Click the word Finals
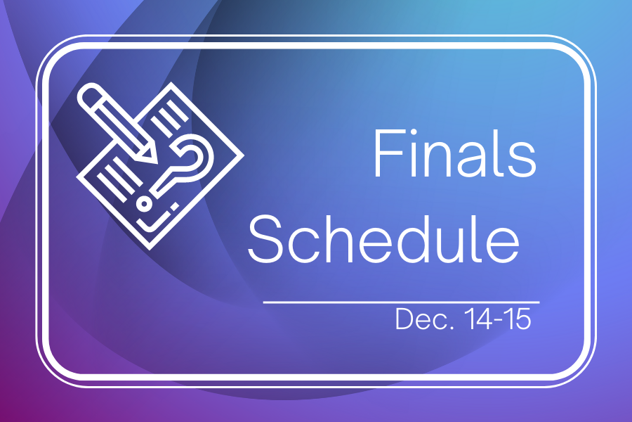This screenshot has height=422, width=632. click(454, 154)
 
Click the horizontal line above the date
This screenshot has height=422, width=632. click(401, 301)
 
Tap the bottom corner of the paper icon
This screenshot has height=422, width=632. click(150, 246)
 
